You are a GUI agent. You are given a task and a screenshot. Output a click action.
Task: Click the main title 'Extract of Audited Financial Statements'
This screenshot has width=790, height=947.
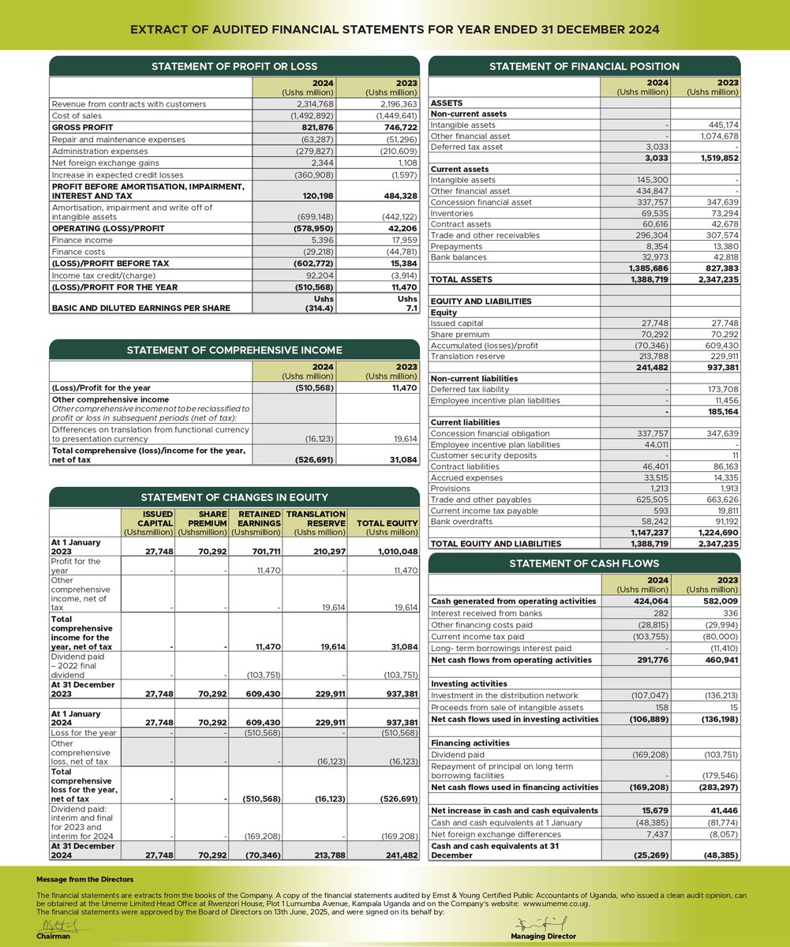[x=395, y=29]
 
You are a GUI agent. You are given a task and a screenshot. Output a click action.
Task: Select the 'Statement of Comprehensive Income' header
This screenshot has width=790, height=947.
[x=234, y=350]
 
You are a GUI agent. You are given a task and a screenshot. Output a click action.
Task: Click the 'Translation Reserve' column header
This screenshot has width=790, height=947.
[x=316, y=523]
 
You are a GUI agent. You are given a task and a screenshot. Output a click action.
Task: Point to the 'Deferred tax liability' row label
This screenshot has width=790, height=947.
[x=470, y=389]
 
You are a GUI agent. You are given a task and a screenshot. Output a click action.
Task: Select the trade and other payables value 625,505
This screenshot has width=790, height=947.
[x=652, y=500]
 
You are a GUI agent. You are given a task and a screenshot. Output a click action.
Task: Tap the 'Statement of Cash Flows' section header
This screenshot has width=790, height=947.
[x=583, y=563]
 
